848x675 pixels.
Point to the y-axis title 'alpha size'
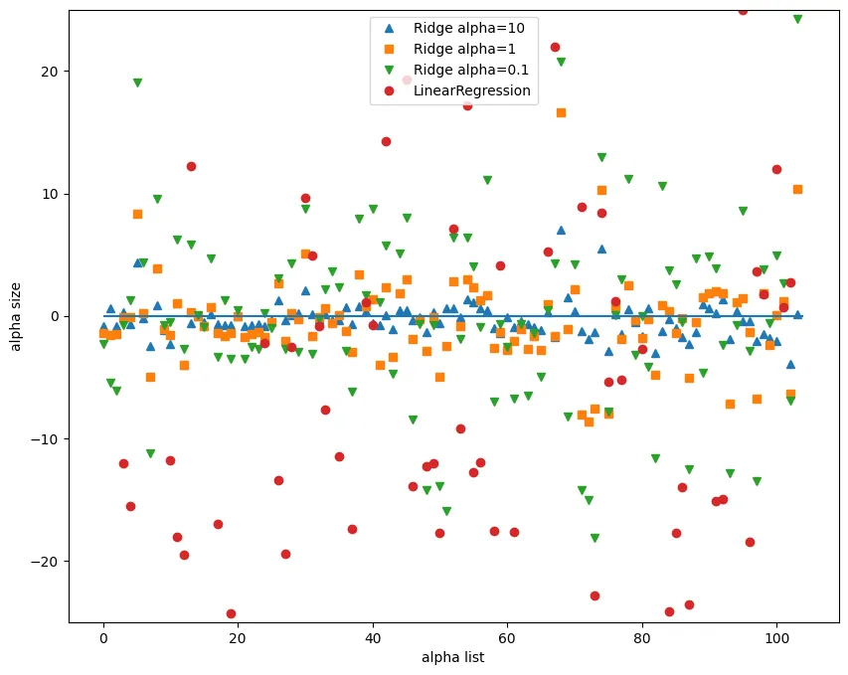(x=17, y=316)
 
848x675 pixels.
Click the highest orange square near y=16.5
(x=561, y=113)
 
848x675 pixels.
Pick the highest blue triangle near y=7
(x=561, y=230)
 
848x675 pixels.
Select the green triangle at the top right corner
(x=797, y=19)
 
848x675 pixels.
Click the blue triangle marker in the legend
(x=388, y=28)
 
